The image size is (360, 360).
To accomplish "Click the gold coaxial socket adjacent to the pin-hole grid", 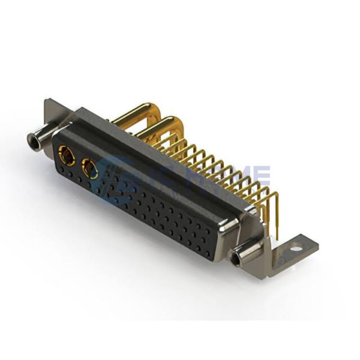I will pos(90,170).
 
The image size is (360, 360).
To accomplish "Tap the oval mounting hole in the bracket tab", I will pos(296,247).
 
